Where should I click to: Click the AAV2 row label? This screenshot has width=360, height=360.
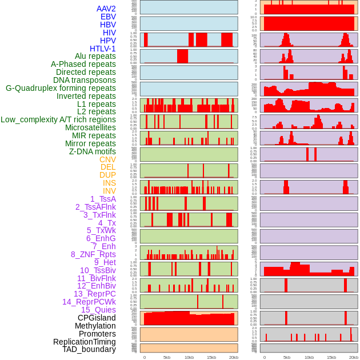tap(106, 9)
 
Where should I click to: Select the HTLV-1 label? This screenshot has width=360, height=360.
tap(102, 49)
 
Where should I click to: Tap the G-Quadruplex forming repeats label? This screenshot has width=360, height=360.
tap(61, 88)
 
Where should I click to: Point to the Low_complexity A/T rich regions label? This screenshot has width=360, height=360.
tap(58, 119)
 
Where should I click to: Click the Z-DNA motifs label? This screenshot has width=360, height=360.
tap(92, 151)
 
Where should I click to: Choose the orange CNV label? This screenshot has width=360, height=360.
tap(107, 159)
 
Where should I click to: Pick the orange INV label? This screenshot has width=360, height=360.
tap(109, 191)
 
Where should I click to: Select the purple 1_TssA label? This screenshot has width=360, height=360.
tap(103, 199)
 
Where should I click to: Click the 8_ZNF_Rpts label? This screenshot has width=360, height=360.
tap(93, 254)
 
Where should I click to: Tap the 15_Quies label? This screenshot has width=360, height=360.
tap(98, 310)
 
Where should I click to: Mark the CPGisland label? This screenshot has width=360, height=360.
tap(97, 318)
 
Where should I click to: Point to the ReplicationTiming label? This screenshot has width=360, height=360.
tap(85, 342)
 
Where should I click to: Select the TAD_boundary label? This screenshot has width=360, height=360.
tap(89, 349)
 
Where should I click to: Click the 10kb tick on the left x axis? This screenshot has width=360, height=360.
tap(189, 358)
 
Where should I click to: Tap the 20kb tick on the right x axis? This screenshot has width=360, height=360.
tap(354, 358)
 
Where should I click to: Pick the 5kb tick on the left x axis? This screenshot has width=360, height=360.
tap(167, 358)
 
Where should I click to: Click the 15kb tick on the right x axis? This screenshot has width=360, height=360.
tap(331, 358)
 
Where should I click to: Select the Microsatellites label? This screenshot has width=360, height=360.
tap(90, 127)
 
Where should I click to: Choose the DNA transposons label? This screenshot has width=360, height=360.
tap(85, 80)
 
